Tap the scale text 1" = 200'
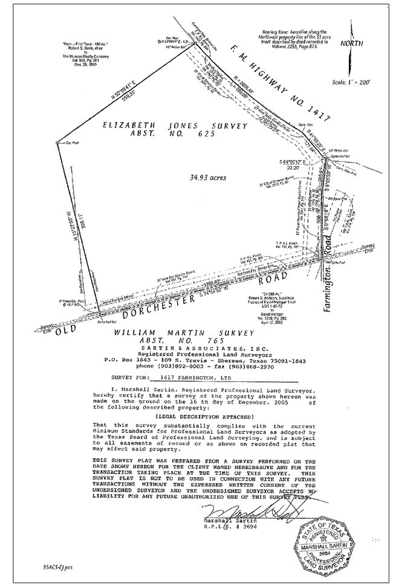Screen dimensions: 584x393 click(351, 80)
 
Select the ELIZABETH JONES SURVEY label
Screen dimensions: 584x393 click(167, 126)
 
